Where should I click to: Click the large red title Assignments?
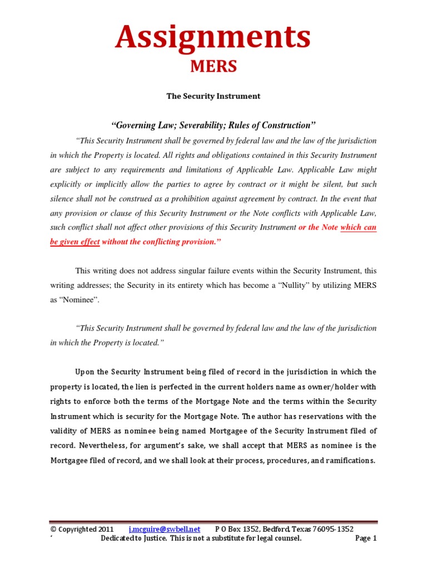click(213, 37)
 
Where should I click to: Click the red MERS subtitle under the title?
click(213, 67)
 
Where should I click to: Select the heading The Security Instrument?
click(213, 96)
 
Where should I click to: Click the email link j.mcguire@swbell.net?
click(164, 529)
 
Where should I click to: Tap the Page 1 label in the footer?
click(366, 538)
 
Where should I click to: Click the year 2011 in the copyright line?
click(105, 529)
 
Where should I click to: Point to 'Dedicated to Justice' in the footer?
click(133, 538)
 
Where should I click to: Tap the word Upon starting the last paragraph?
click(85, 372)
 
